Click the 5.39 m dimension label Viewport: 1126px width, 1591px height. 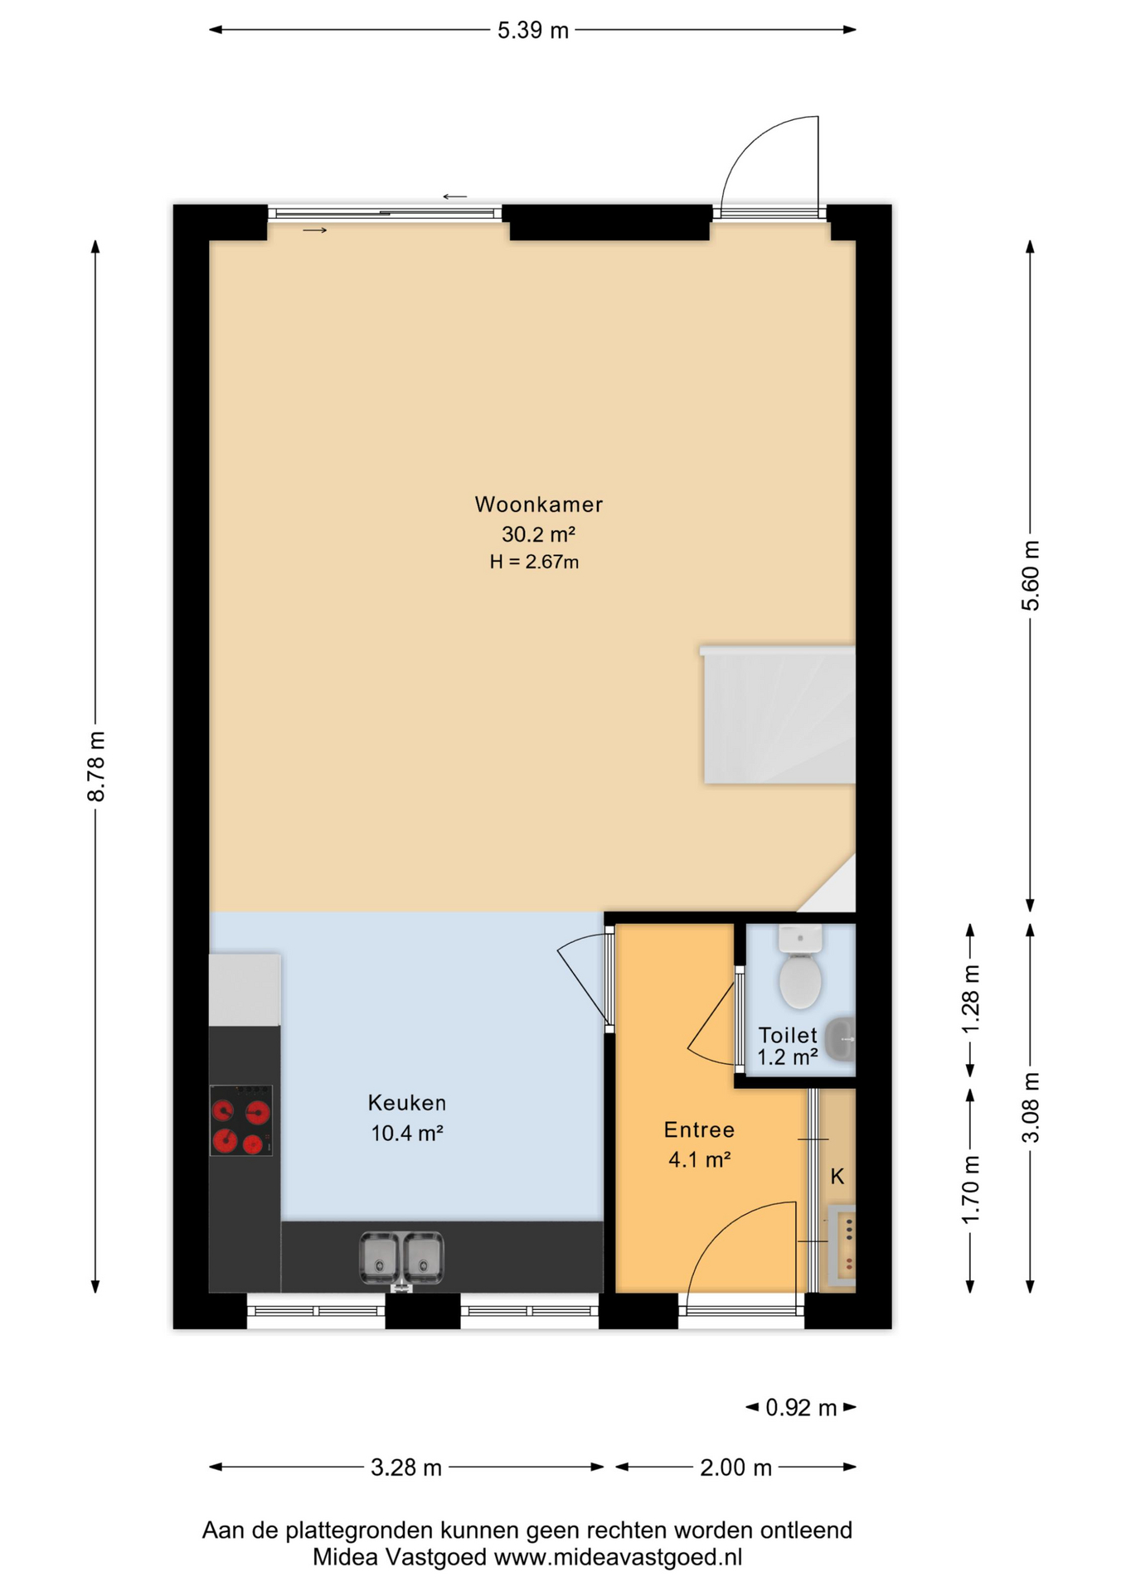(x=532, y=31)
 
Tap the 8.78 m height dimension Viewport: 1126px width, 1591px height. (x=96, y=766)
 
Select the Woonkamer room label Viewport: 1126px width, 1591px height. (x=538, y=504)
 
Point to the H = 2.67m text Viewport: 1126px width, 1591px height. (x=534, y=562)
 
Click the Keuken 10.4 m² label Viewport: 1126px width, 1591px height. (x=406, y=1117)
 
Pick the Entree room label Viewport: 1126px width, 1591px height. (x=699, y=1129)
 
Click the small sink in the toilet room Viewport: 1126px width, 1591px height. (x=841, y=1038)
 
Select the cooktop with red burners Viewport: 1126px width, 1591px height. (x=240, y=1120)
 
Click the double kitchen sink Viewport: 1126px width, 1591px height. (x=401, y=1258)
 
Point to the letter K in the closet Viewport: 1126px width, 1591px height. (x=837, y=1176)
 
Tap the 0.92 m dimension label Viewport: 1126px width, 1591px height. (x=800, y=1408)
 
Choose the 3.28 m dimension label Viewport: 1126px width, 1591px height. (x=405, y=1468)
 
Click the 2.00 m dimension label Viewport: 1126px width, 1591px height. (x=735, y=1468)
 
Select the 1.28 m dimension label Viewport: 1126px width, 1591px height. (x=970, y=999)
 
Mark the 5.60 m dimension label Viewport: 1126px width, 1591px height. (x=1030, y=575)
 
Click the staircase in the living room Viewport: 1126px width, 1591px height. (x=779, y=716)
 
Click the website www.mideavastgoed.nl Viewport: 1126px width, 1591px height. (x=618, y=1557)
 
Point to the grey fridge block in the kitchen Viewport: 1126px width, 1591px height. (x=244, y=989)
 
